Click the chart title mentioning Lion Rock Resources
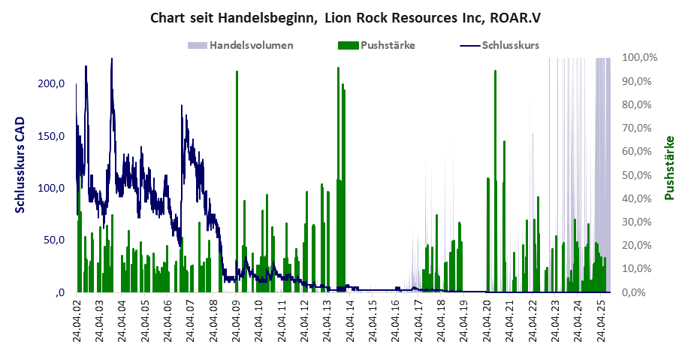tap(345, 17)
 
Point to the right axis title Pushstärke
tap(670, 168)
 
